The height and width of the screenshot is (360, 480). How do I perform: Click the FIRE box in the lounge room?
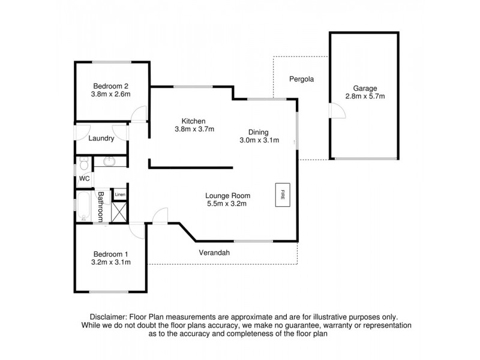tap(282, 195)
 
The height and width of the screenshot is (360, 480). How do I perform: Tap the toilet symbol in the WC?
tap(84, 163)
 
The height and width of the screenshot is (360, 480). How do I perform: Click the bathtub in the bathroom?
tap(83, 206)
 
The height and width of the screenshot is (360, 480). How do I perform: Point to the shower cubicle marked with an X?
tap(120, 211)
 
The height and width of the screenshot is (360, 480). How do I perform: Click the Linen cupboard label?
tap(120, 194)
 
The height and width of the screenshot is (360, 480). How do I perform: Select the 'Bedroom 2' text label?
tap(110, 85)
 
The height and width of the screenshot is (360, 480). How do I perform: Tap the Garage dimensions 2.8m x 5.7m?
tap(364, 96)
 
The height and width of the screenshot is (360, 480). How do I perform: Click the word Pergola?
tap(301, 79)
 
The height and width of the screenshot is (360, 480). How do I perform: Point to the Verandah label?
tap(214, 253)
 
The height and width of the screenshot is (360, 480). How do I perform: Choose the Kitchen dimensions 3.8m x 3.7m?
tap(194, 129)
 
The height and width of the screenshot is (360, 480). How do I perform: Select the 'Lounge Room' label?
tap(227, 196)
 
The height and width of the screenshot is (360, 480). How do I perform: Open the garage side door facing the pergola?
tap(335, 110)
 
